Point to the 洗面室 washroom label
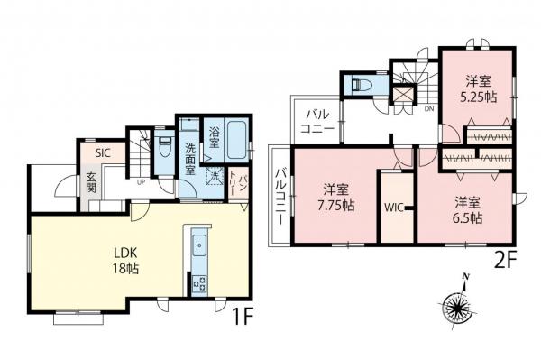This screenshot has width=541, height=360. tap(190, 159)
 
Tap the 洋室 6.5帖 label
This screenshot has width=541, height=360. tap(467, 209)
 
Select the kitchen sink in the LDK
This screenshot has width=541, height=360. tap(199, 244)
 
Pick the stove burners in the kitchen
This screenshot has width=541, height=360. tap(199, 284)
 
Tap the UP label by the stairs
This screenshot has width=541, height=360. tap(142, 182)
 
